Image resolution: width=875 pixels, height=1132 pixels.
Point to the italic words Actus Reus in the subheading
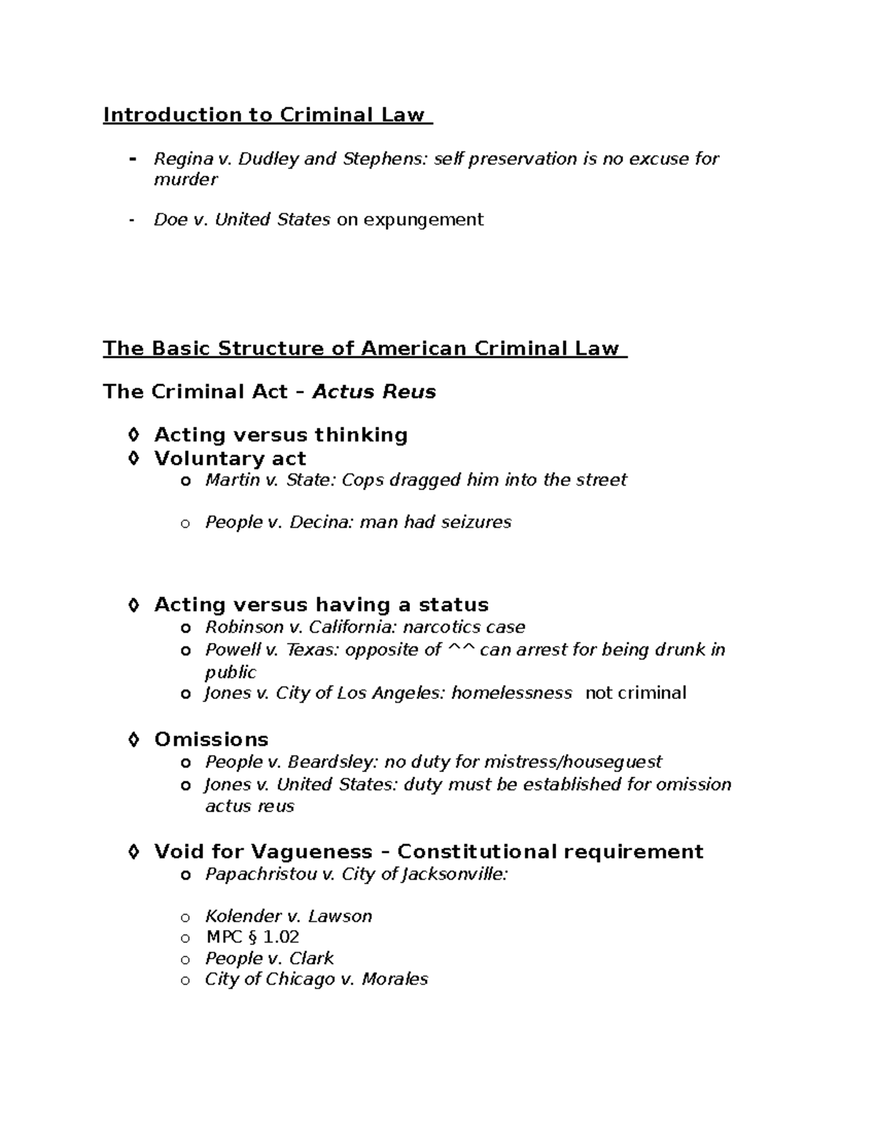[374, 392]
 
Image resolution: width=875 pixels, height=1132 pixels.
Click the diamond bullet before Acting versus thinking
[133, 435]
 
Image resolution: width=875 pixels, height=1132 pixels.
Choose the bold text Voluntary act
[230, 458]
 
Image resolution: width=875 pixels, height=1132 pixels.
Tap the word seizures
[476, 523]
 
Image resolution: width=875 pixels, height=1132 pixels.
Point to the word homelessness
[511, 693]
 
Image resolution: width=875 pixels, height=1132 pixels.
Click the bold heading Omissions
[211, 740]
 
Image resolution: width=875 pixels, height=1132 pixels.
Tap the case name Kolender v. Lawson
[288, 917]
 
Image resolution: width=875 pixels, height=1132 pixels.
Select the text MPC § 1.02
[252, 937]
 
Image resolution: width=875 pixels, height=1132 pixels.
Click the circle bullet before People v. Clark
[185, 959]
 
